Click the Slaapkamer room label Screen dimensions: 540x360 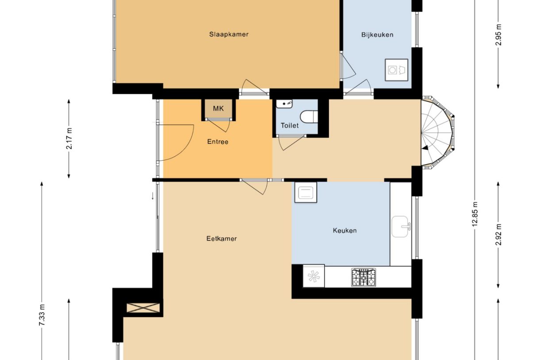tap(229, 35)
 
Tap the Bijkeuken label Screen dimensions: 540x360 tap(377, 35)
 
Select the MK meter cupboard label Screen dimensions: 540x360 tap(218, 108)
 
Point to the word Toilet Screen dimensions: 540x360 tap(289, 125)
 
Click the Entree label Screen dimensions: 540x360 tap(218, 142)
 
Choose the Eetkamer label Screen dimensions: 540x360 tap(222, 239)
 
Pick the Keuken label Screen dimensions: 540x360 tap(345, 231)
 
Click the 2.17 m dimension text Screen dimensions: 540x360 tap(69, 139)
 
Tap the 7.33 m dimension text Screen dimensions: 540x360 tap(42, 315)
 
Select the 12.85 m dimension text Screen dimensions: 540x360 tap(474, 214)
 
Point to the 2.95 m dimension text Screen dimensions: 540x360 tap(498, 35)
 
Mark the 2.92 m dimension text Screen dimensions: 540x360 tap(498, 235)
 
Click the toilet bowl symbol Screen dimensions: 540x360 tap(309, 117)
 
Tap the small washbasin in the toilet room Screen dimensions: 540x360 tap(284, 104)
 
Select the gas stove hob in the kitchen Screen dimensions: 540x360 tap(363, 277)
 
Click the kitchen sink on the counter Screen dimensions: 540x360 tap(401, 226)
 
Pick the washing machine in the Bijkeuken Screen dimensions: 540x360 tap(397, 70)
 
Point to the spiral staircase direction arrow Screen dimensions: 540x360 tap(425, 147)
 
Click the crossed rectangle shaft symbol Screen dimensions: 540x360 tap(143, 308)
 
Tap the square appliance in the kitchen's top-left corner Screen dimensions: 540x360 tap(306, 193)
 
